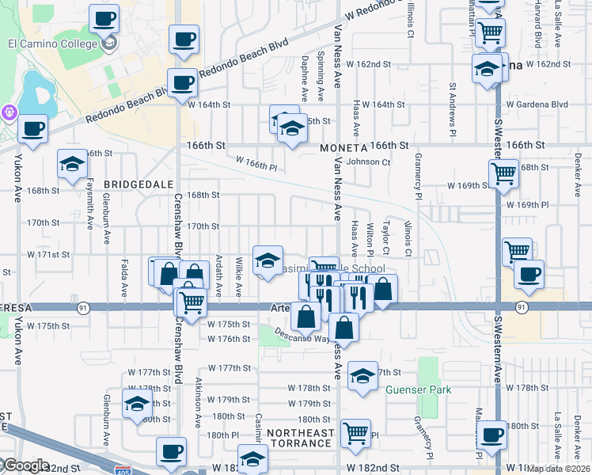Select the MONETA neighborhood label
click(343, 148)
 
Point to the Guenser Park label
click(416, 389)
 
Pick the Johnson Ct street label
click(369, 161)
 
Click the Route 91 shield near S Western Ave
click(520, 306)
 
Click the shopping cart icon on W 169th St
click(503, 172)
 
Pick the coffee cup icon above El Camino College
click(104, 18)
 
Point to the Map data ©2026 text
click(558, 469)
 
